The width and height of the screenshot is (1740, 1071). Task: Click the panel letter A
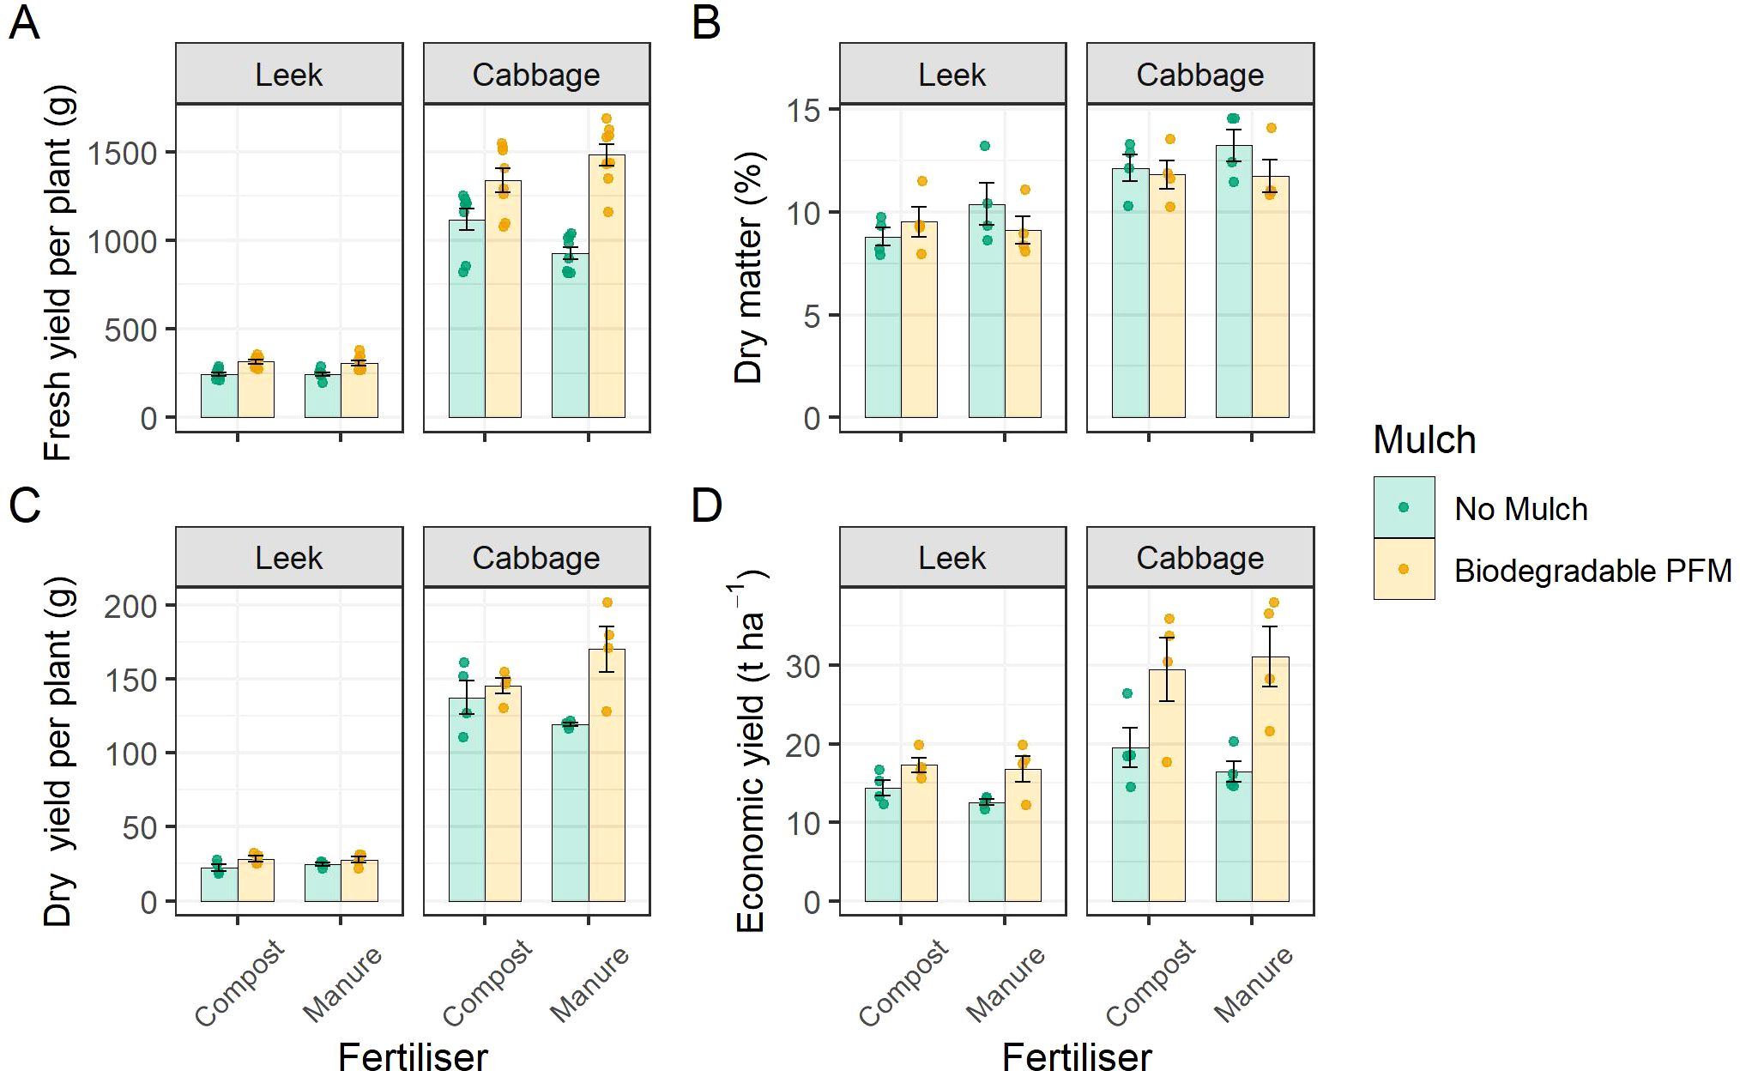point(24,23)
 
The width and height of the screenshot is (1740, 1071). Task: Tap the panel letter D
point(706,505)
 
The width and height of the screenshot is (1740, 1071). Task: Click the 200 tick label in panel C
point(131,607)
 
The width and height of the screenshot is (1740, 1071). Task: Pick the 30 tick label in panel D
point(802,666)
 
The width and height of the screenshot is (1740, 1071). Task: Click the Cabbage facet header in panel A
point(536,75)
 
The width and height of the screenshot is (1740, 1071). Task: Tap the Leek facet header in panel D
point(952,558)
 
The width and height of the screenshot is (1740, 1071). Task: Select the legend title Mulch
point(1424,440)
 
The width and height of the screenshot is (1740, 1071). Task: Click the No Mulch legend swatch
point(1404,508)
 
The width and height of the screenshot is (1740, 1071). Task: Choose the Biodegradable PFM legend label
point(1592,571)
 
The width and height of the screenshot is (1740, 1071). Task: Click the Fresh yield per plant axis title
point(58,273)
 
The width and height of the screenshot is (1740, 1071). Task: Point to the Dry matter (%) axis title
point(748,267)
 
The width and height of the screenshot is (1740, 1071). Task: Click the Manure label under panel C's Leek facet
point(342,984)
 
